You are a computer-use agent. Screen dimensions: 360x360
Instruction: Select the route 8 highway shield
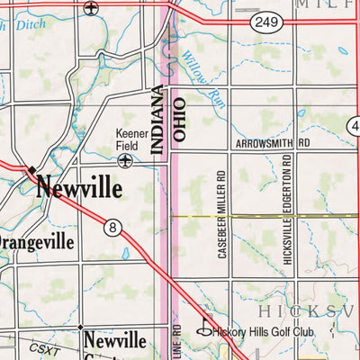(112, 229)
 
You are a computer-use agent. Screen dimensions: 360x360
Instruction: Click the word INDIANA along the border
(158, 121)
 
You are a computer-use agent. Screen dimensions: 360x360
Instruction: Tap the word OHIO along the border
(178, 121)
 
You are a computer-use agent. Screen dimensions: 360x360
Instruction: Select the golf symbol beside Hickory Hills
(204, 329)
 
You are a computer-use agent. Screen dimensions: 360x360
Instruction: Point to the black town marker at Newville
(31, 168)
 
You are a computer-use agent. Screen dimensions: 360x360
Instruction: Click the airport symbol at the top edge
(90, 8)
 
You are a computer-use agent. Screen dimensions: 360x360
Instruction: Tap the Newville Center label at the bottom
(114, 343)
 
